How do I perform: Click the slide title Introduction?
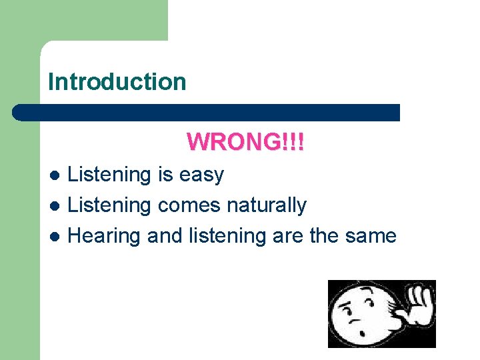pos(117,82)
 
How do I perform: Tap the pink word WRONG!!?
pos(245,141)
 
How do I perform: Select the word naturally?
pos(266,206)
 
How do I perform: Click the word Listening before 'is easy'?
pos(110,175)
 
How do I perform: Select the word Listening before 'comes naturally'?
pos(110,206)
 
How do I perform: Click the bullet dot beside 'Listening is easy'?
pos(56,175)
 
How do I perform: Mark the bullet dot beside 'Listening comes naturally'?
pos(56,206)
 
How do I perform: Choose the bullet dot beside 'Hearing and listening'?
pos(56,237)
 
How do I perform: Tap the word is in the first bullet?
pos(165,175)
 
